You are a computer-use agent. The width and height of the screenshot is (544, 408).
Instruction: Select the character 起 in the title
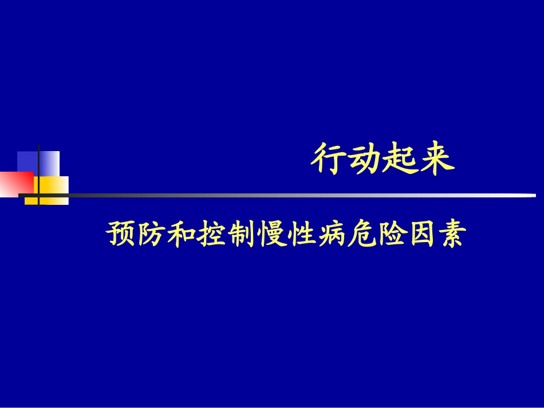coord(400,160)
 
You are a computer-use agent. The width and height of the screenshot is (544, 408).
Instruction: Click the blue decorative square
coord(49,161)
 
